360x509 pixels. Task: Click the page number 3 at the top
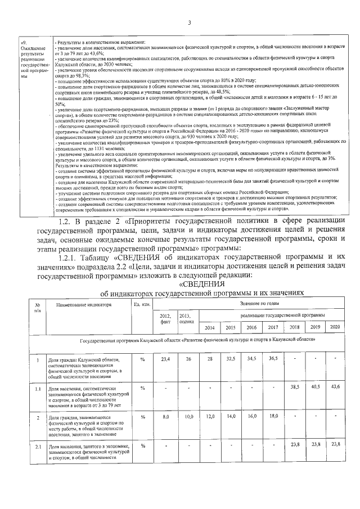pyautogui.click(x=190, y=22)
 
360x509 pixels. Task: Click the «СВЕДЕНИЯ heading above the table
pyautogui.click(x=201, y=284)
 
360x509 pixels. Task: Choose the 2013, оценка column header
pyautogui.click(x=187, y=319)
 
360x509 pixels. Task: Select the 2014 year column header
pyautogui.click(x=210, y=327)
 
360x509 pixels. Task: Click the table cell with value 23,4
pyautogui.click(x=165, y=359)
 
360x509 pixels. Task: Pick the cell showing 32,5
pyautogui.click(x=231, y=359)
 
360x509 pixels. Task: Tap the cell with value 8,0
pyautogui.click(x=165, y=417)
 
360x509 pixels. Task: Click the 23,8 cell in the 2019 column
pyautogui.click(x=315, y=445)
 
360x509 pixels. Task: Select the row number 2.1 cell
pyautogui.click(x=37, y=446)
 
